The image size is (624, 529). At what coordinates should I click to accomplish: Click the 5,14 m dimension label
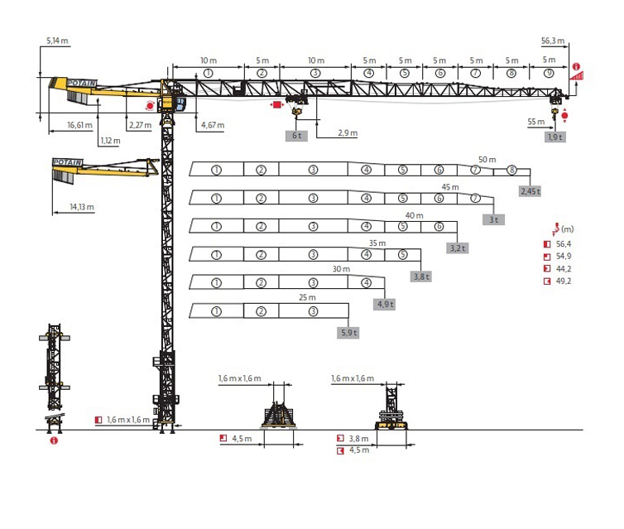(57, 41)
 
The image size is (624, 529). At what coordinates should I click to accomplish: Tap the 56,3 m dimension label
(553, 41)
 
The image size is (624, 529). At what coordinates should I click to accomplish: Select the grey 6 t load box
(296, 136)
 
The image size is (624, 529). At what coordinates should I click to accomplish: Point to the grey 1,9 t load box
(554, 137)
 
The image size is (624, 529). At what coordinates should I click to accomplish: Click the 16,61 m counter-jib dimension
(79, 125)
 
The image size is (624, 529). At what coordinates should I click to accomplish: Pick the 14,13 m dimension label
(82, 207)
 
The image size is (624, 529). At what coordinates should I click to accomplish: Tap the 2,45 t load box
(530, 191)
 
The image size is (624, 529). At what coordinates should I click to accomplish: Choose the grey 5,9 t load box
(348, 333)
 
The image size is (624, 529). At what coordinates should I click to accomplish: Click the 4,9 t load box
(385, 305)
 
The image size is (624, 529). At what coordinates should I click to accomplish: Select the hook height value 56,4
(564, 244)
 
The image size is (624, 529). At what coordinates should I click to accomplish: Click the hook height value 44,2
(564, 269)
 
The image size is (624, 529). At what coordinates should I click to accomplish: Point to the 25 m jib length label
(307, 297)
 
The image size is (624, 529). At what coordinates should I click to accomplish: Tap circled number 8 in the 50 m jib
(511, 171)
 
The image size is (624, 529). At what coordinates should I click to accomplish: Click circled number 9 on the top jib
(549, 73)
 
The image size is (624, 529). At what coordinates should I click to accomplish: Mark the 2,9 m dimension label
(348, 133)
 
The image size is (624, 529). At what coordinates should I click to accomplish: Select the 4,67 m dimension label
(213, 125)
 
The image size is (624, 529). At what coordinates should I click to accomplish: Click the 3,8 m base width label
(359, 439)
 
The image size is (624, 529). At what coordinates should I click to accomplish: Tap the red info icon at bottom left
(54, 440)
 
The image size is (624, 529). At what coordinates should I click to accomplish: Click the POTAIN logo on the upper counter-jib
(82, 83)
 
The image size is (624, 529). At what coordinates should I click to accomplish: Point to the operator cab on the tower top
(179, 103)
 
